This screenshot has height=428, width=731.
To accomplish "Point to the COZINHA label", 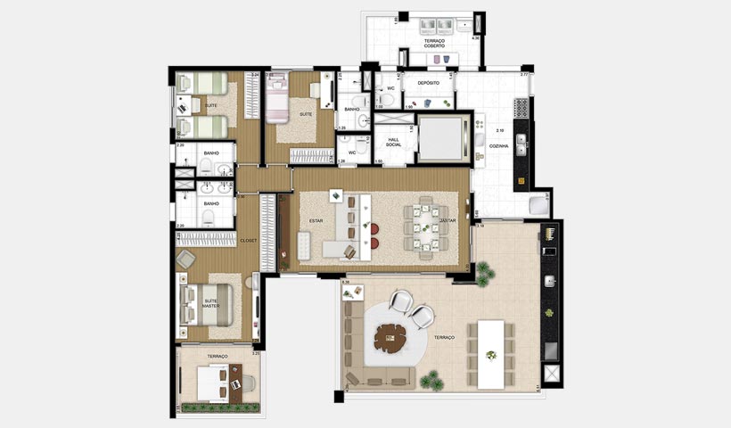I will click(x=498, y=145).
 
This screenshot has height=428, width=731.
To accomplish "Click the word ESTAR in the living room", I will click(x=316, y=220).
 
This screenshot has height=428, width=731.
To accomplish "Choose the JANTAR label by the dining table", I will click(x=448, y=220).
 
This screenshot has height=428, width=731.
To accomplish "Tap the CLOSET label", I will click(x=248, y=241).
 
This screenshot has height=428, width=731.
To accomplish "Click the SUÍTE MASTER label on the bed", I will click(x=210, y=303).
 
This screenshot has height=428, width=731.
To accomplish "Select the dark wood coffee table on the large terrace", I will click(x=390, y=336).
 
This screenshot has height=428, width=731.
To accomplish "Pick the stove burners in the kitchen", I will click(x=522, y=108).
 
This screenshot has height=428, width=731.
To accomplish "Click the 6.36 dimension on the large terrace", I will click(x=346, y=283).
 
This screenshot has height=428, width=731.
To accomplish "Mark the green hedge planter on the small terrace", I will click(x=219, y=407).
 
